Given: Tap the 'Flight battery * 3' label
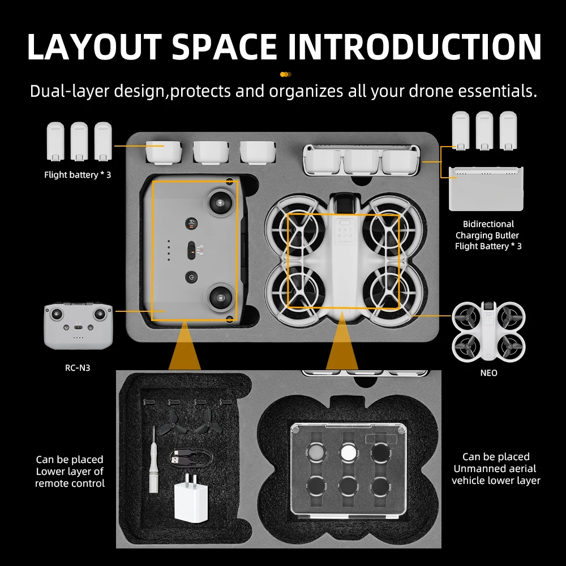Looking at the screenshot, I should [78, 175].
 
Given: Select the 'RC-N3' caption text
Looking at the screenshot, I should [78, 368].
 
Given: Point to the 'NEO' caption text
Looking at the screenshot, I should [488, 373].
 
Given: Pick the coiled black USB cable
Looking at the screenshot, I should [191, 457].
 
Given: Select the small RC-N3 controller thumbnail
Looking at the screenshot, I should [78, 326].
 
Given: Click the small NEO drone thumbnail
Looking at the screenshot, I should [488, 331].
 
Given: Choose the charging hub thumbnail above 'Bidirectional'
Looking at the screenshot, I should [486, 189].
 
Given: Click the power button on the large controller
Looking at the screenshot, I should [191, 277].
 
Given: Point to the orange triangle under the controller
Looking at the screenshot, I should [183, 348].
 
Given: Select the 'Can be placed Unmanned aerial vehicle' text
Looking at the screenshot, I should [496, 469].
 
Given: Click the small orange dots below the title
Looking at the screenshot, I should [286, 74].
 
